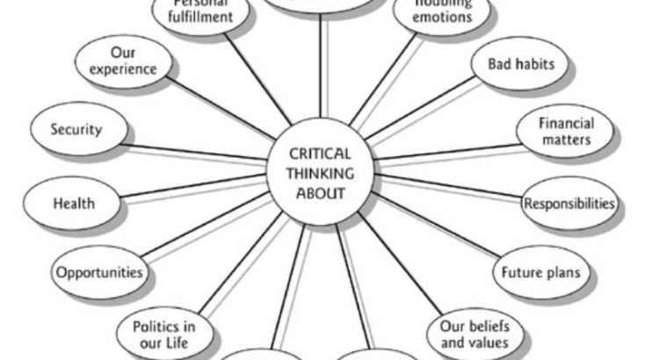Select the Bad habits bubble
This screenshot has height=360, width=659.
527,66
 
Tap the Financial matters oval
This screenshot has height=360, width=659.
566,132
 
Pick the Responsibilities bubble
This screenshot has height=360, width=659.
569,204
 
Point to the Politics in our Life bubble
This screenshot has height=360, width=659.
163,334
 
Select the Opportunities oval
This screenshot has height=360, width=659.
98,271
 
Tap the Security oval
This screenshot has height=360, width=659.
76,130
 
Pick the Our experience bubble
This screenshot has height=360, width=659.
128,60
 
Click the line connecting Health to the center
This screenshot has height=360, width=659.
193,186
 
